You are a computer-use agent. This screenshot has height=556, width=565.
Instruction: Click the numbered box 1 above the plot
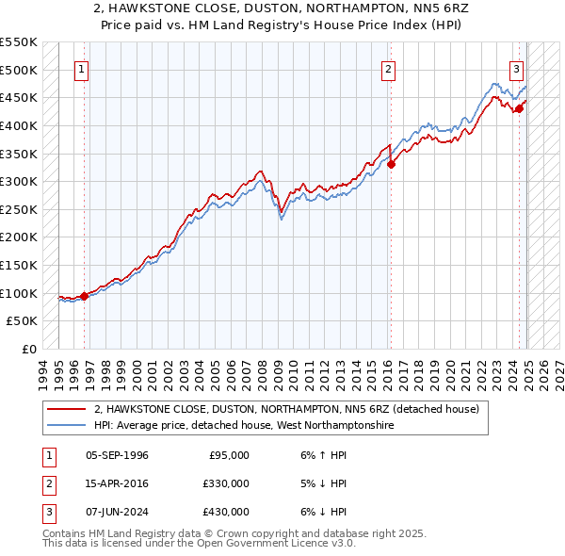tap(82, 69)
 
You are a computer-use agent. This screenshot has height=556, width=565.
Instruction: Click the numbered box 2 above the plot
tap(388, 69)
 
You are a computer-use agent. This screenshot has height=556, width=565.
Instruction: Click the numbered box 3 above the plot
tap(516, 69)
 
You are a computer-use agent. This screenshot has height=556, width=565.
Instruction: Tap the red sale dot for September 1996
tap(85, 295)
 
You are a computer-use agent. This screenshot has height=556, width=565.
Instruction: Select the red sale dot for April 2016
tap(392, 164)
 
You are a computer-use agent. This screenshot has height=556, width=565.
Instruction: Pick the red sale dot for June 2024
tap(519, 108)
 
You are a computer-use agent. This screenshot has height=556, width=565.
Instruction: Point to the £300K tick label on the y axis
tap(20, 181)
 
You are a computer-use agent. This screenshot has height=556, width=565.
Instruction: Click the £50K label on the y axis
tap(24, 321)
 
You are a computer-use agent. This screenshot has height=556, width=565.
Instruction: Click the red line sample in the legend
tap(66, 410)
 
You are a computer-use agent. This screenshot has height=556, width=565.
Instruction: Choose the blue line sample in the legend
tap(66, 426)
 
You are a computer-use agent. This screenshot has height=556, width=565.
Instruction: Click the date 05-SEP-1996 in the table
tap(117, 455)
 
